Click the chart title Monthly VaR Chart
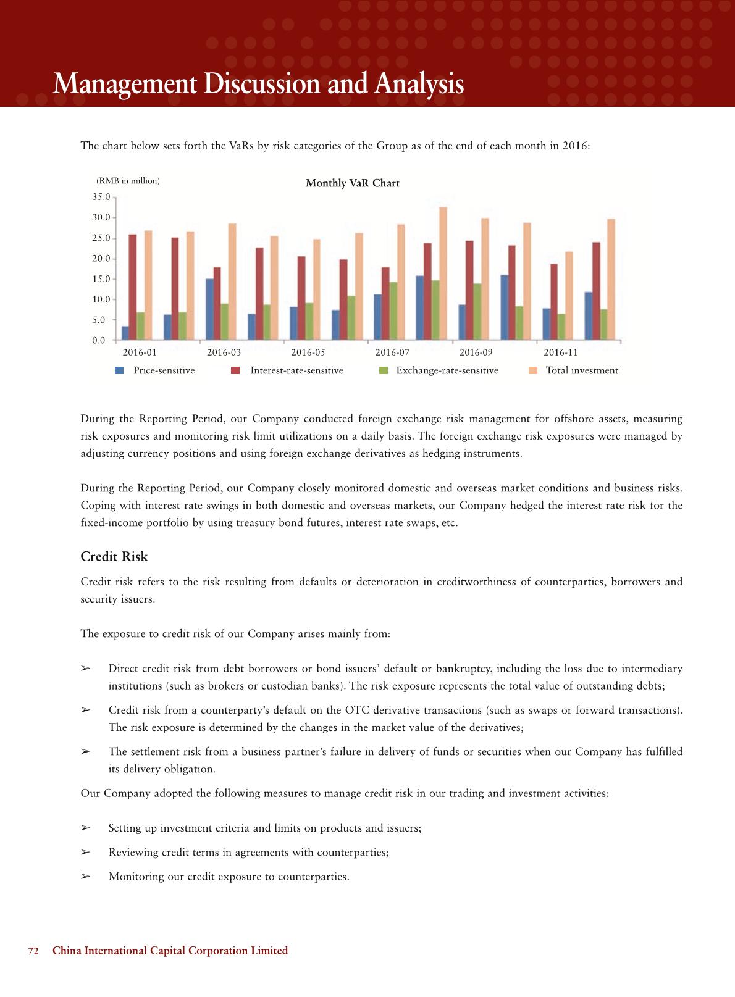click(x=352, y=183)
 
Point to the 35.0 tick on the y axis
click(x=101, y=197)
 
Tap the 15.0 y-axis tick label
click(x=101, y=279)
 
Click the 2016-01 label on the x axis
click(x=140, y=352)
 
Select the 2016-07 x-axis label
click(x=392, y=352)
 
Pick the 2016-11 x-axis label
click(x=561, y=352)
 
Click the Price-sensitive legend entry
click(x=164, y=370)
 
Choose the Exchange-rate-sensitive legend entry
click(x=447, y=370)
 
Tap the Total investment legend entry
click(x=581, y=370)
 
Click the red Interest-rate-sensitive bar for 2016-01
click(x=133, y=287)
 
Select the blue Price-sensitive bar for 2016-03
click(x=210, y=309)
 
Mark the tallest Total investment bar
click(x=443, y=273)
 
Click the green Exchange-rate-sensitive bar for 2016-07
click(x=393, y=311)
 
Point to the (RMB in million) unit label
click(x=128, y=181)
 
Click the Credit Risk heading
click(x=114, y=556)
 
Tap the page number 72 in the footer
click(x=33, y=951)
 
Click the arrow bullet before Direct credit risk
click(x=86, y=669)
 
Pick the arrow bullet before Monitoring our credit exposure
click(x=86, y=877)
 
